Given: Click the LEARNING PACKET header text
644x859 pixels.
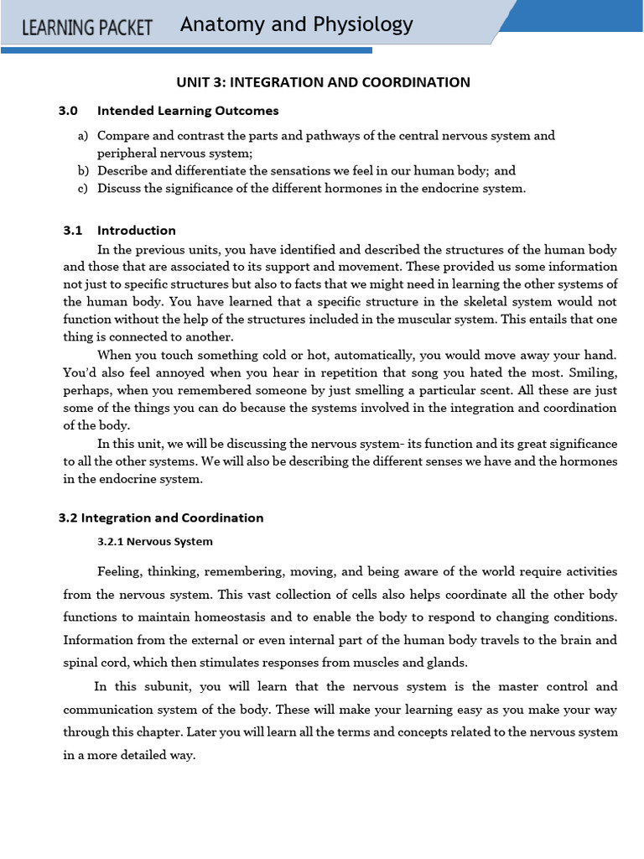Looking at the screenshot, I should pos(87,28).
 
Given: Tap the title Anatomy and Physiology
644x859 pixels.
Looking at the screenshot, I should pos(296,25).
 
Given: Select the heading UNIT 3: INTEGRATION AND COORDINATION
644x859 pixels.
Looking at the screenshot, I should pos(323,82).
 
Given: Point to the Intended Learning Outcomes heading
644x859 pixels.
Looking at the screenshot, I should pos(188,111).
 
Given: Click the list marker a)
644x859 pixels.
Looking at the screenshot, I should pos(83,136).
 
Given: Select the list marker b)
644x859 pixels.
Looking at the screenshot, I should pos(83,170).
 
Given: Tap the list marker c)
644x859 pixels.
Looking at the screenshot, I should pos(83,188).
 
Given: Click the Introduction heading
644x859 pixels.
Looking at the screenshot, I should pos(137,231).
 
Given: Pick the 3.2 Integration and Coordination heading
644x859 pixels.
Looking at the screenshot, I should pos(161,518).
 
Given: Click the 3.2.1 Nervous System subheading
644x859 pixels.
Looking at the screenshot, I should pos(155,541).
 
